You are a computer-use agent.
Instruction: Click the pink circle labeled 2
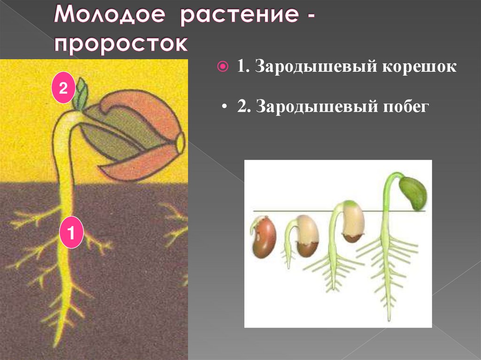[x=63, y=88]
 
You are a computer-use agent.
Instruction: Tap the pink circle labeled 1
[x=71, y=232]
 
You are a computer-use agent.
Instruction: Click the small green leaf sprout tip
[x=83, y=94]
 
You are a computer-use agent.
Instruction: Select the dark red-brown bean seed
[x=264, y=237]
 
